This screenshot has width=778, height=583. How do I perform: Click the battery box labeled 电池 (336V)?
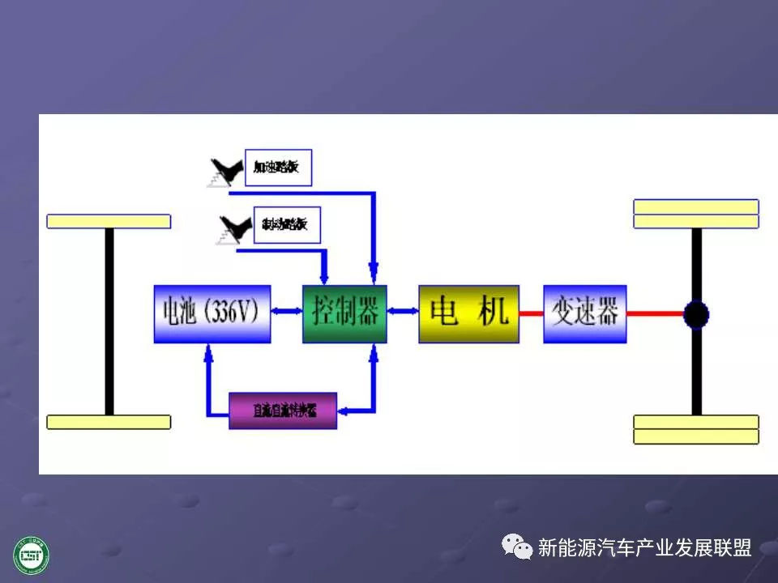212,313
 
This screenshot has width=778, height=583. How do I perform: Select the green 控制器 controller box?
344,313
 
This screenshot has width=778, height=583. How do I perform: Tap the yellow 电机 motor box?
468,313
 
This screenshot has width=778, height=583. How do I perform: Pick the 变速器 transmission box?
584,313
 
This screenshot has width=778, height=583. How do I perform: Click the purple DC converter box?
283,411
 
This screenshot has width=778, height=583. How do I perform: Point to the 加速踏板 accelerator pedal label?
278,168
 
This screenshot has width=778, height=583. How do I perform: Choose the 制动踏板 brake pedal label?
286,224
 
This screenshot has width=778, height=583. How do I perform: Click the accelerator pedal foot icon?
224,172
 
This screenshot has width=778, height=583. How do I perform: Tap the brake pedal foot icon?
230,229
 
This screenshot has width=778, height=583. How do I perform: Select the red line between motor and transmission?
531,313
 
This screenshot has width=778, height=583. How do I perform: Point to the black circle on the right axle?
695,314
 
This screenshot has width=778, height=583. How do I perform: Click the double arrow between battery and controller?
286,311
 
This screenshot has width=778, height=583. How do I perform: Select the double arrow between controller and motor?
403,311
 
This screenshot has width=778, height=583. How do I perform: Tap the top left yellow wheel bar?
109,221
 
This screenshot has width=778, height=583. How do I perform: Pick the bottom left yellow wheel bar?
109,422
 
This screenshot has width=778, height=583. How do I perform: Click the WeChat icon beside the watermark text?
517,547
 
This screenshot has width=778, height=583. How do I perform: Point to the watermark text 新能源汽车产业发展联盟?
644,548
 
